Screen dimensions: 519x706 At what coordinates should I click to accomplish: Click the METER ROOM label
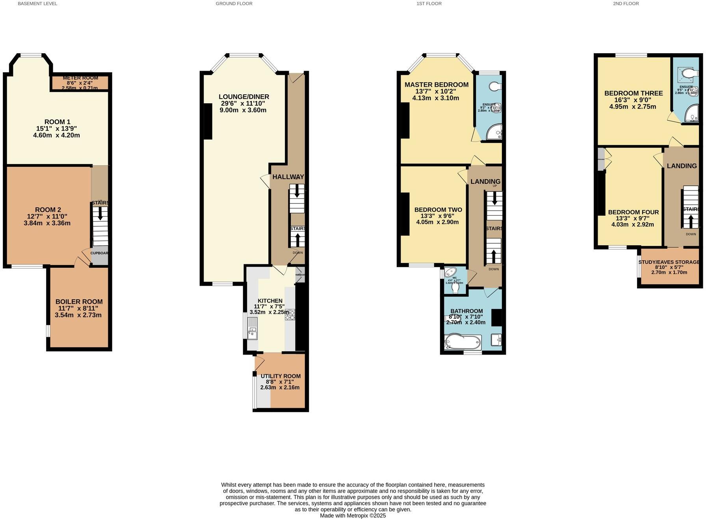[80, 78]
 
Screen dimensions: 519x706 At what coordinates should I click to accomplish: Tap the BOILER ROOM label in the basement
[79, 302]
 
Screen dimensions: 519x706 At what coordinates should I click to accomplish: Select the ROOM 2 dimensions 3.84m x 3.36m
[47, 223]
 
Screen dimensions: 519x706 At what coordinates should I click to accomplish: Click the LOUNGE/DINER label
[244, 97]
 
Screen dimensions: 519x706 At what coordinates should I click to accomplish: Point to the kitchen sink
[252, 334]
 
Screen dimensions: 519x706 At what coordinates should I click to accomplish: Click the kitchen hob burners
[290, 314]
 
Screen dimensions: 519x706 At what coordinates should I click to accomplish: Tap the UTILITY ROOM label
[281, 376]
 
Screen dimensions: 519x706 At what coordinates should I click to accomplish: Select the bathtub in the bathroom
[463, 342]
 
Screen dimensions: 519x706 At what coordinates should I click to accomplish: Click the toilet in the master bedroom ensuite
[494, 86]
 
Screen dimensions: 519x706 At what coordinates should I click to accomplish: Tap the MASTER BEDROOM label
[436, 85]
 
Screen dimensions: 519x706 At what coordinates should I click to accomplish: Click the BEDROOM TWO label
[438, 210]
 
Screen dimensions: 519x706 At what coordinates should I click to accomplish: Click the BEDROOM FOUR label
[633, 212]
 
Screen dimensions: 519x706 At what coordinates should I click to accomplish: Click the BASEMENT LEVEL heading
[37, 4]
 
